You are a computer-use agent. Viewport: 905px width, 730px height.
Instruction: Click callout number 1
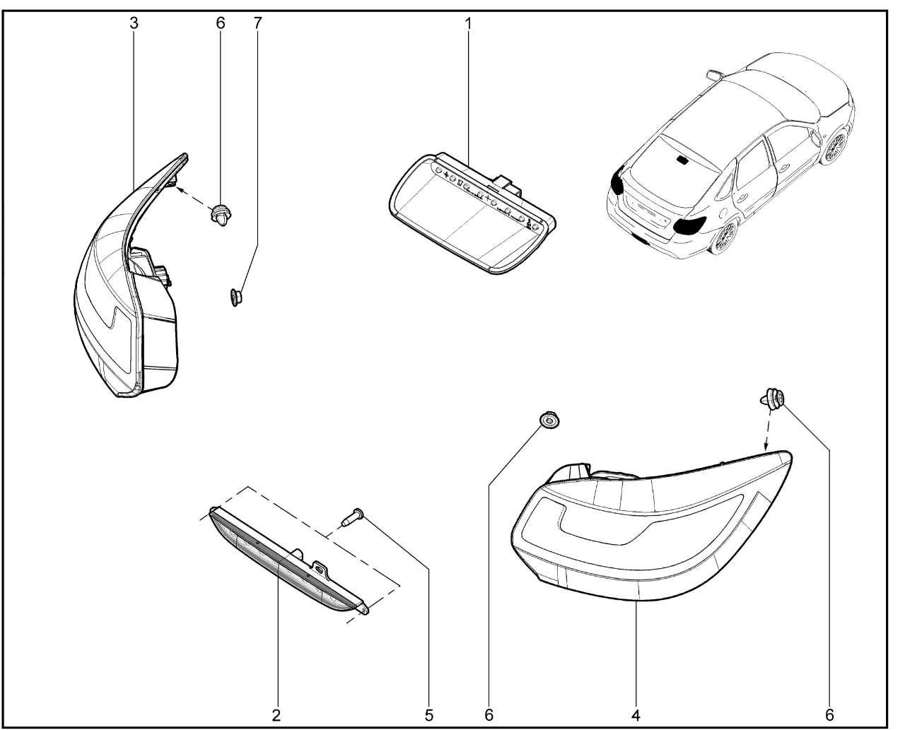467,23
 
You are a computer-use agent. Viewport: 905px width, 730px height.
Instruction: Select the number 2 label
276,714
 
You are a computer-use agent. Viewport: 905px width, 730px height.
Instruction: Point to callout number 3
134,23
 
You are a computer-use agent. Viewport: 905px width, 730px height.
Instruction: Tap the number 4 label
636,714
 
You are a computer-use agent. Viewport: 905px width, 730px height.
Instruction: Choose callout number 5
429,714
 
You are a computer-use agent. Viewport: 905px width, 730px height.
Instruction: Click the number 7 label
257,23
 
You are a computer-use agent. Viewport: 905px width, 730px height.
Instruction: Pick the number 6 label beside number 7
220,23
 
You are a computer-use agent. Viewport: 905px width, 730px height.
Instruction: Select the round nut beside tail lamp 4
547,420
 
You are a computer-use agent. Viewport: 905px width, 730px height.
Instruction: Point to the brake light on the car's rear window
684,160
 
